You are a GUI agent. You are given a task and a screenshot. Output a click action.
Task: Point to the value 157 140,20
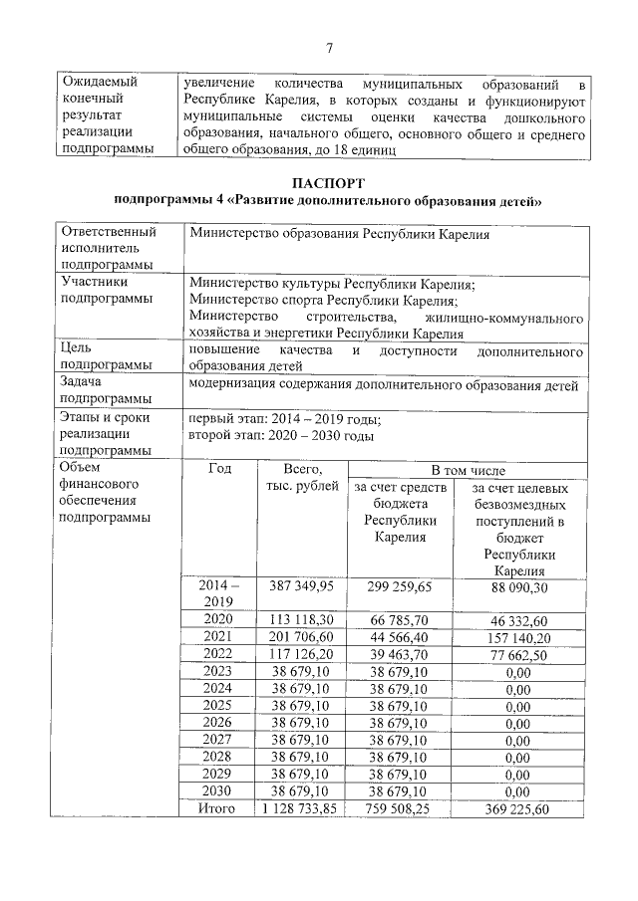point(517,636)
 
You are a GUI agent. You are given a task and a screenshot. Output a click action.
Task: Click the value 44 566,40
point(398,636)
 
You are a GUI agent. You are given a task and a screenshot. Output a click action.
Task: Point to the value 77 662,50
point(517,654)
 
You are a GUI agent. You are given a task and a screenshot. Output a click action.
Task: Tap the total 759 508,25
point(398,808)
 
